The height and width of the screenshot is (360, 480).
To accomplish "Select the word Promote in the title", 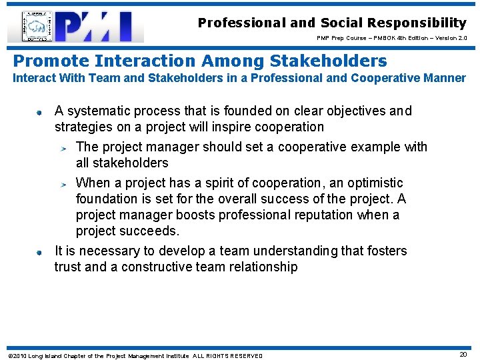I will tap(51, 61).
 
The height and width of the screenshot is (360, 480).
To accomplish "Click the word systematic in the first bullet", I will tap(99, 111).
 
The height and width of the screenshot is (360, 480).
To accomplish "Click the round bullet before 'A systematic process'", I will tap(40, 112).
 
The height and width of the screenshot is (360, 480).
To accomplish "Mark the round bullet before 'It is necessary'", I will tap(40, 252).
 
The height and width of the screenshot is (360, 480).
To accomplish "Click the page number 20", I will tap(463, 355).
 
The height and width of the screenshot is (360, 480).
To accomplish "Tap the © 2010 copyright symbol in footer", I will tap(9, 355).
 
